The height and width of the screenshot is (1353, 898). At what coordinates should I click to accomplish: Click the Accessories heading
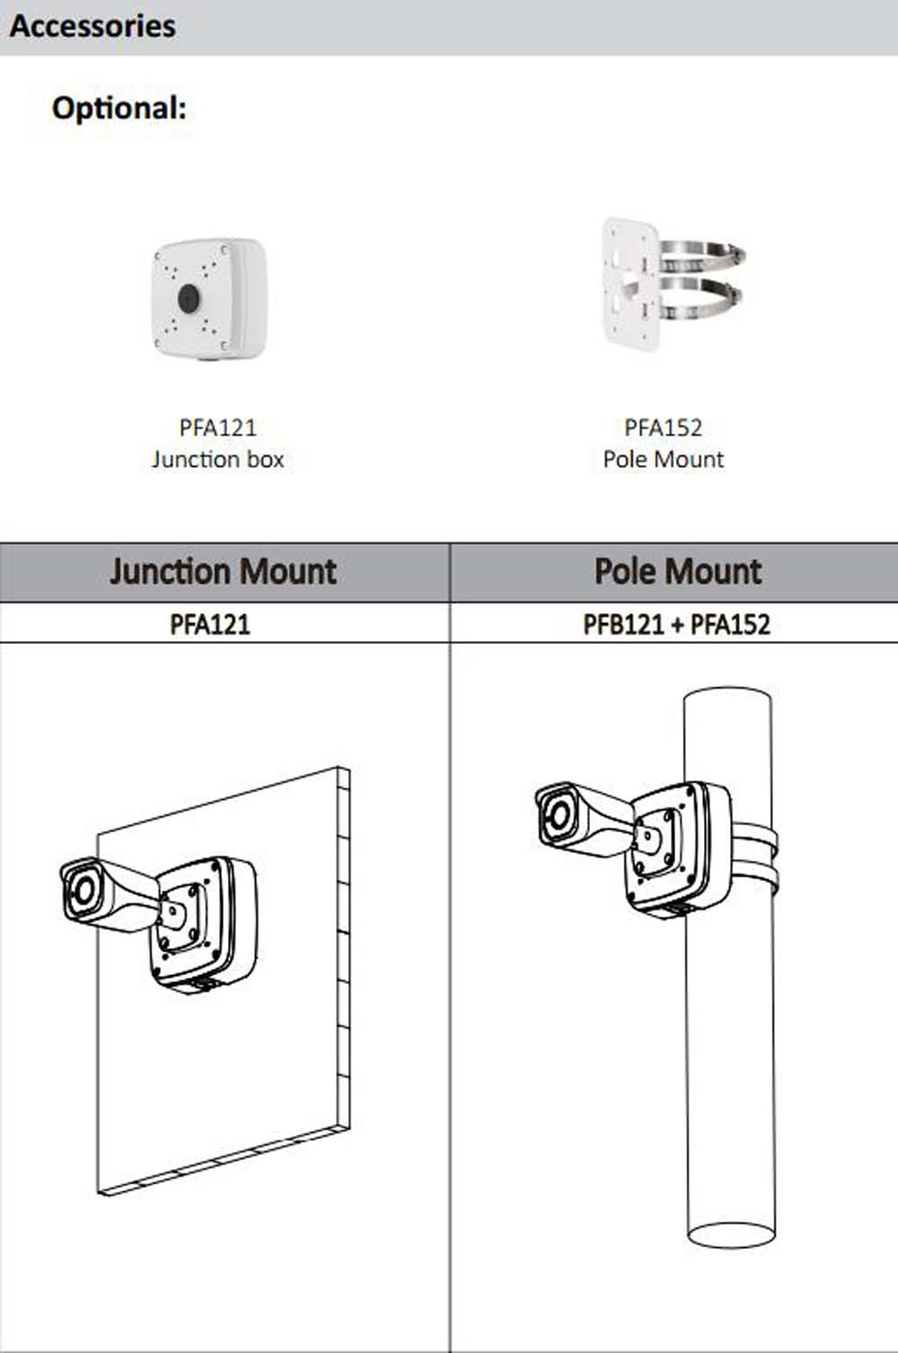92,26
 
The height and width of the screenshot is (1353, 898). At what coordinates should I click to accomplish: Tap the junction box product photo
209,299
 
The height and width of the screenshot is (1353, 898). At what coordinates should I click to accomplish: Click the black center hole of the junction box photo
189,298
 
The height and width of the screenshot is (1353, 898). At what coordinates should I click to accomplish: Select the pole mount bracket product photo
673,284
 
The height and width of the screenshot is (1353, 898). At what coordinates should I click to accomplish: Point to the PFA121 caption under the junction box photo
217,427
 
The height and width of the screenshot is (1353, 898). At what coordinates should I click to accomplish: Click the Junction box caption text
217,459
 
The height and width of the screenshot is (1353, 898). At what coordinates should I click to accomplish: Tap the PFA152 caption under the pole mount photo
663,427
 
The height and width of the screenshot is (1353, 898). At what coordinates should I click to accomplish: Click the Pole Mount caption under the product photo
663,459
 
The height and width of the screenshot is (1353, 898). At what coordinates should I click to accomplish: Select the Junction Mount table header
223,571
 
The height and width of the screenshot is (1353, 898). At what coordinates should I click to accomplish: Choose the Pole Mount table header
677,571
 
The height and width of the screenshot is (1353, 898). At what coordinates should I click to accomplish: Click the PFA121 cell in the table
210,625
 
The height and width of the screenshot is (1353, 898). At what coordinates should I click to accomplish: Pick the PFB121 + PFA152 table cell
676,625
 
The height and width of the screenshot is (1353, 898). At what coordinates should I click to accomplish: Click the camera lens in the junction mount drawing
83,890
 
